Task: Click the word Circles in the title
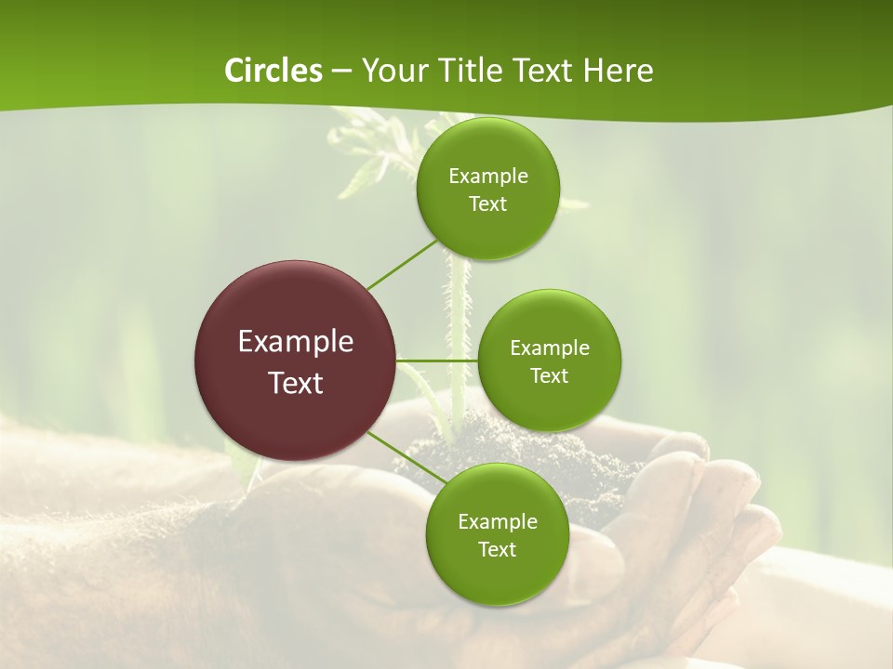273,71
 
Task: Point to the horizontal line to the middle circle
437,360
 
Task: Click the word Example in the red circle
296,342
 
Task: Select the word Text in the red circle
296,383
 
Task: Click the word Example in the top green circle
488,177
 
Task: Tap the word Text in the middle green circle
549,376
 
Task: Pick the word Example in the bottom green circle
498,522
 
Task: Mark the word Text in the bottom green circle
497,550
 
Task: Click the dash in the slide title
341,71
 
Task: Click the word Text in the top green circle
487,204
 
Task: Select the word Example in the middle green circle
550,348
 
